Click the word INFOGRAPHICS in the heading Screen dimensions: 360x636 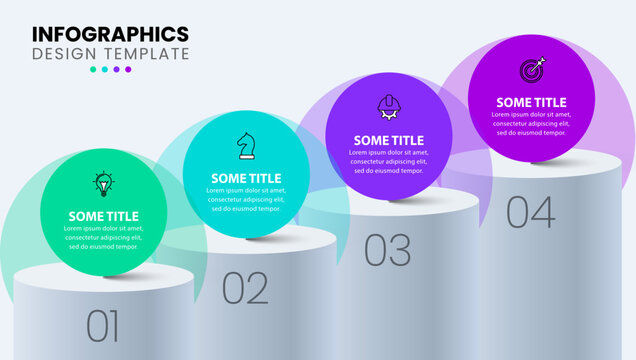click(x=110, y=33)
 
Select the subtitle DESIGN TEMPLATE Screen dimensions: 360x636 click(x=110, y=53)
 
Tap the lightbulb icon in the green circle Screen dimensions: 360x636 click(x=103, y=183)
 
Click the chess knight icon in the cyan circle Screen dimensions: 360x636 click(x=245, y=145)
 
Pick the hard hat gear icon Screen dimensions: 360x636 click(x=388, y=107)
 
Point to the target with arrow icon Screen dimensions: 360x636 click(x=532, y=70)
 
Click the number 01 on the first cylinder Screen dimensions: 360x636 click(x=103, y=326)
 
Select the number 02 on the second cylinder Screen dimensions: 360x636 click(x=245, y=288)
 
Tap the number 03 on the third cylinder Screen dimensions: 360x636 click(x=387, y=249)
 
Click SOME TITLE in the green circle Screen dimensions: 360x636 click(x=103, y=216)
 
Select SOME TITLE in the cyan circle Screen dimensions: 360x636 click(x=246, y=178)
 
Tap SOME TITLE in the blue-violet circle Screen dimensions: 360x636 click(x=388, y=140)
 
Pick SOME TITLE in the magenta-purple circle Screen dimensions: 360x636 click(x=531, y=102)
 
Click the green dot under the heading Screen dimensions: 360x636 click(x=94, y=70)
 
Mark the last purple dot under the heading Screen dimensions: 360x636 click(x=128, y=70)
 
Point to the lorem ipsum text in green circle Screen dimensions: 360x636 click(x=103, y=237)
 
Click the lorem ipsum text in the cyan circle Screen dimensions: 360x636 click(x=246, y=199)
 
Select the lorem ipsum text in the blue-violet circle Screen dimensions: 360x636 click(x=388, y=161)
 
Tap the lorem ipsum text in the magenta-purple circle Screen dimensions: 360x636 click(x=531, y=123)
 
